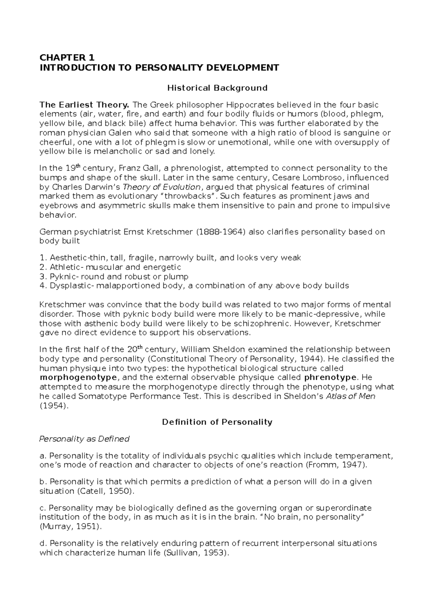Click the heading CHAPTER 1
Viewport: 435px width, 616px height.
67,58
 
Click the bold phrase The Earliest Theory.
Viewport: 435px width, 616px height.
84,105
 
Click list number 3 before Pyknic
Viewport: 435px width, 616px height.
42,276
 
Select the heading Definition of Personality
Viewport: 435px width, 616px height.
217,422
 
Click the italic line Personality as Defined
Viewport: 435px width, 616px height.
84,439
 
